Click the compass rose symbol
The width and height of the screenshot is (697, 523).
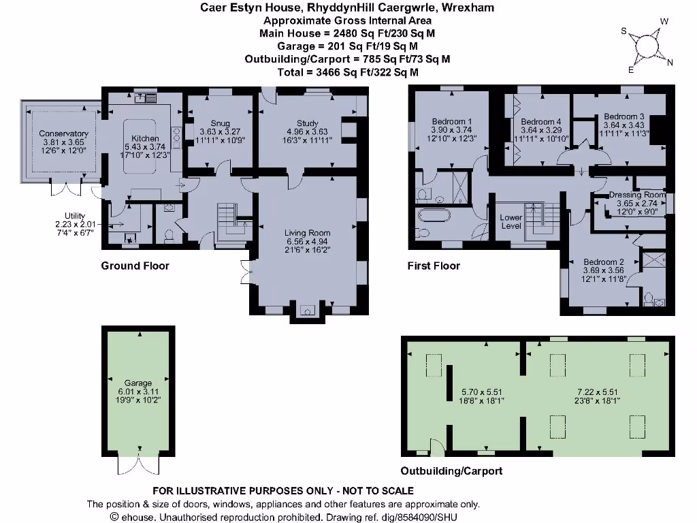point(647,46)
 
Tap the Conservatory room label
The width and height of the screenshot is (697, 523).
point(63,133)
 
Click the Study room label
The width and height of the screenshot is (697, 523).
point(308,124)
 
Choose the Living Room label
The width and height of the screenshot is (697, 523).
point(307,233)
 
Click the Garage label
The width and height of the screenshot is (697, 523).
point(138,383)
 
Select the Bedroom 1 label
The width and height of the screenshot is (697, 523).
point(452,122)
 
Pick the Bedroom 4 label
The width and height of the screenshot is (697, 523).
point(541,122)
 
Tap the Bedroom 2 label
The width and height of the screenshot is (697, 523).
point(604,262)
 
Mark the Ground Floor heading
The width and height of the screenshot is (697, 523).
point(135,266)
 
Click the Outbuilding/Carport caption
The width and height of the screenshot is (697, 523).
point(451,471)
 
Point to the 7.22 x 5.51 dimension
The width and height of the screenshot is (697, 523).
point(598,392)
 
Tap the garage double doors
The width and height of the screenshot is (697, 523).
point(139,465)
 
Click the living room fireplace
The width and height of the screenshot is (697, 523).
point(307,312)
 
